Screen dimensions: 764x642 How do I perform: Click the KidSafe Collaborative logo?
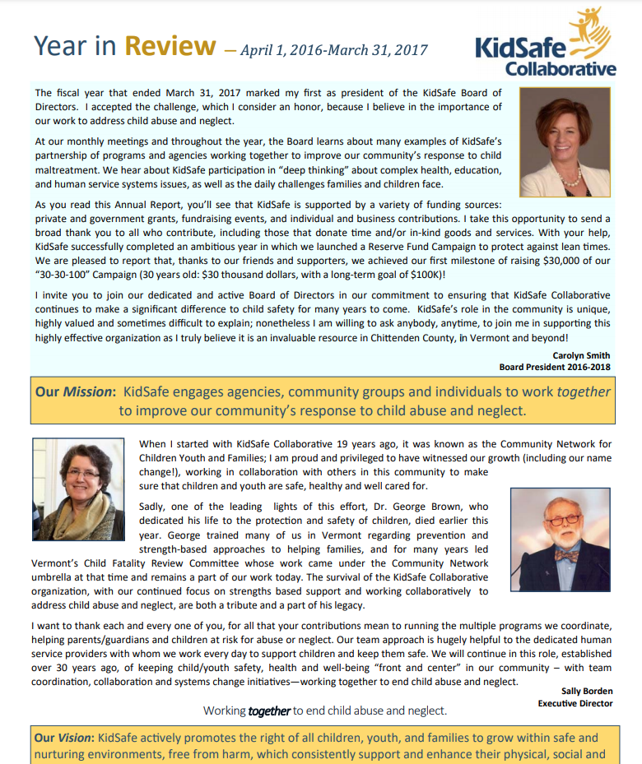[x=546, y=45]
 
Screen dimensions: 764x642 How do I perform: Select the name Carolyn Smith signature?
[x=582, y=355]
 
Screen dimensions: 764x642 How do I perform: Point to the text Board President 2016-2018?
[x=556, y=367]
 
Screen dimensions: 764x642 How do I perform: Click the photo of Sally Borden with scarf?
[x=78, y=489]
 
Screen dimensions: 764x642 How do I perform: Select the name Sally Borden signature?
[x=587, y=692]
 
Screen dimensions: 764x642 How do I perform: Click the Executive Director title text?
[x=575, y=703]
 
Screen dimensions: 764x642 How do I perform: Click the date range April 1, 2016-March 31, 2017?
[x=334, y=50]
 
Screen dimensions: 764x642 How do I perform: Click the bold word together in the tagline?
[x=269, y=711]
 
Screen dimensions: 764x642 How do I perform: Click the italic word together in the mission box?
[x=584, y=391]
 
